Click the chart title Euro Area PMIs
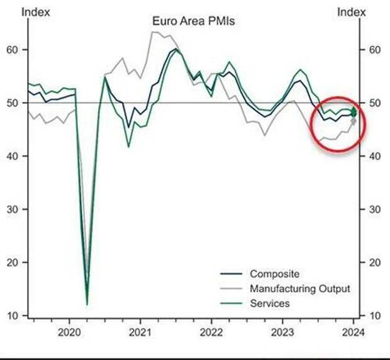click(x=192, y=21)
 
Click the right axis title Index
click(x=351, y=11)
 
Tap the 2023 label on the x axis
click(x=282, y=332)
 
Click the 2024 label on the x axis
click(x=354, y=332)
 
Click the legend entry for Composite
click(x=274, y=274)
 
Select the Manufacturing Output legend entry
click(x=299, y=289)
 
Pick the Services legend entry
click(x=270, y=303)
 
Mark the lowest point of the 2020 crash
click(x=87, y=305)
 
